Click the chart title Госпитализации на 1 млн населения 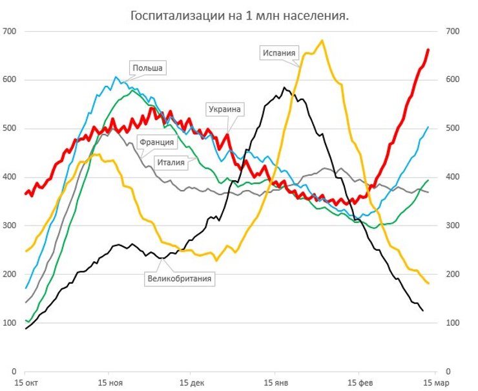[x=240, y=15]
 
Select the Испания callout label [x=280, y=53]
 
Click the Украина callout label [x=224, y=109]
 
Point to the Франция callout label [x=155, y=142]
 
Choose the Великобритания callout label [x=180, y=279]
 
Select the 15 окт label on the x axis [x=25, y=382]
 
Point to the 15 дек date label [x=192, y=382]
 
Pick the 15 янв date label [x=276, y=382]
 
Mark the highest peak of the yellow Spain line [x=322, y=41]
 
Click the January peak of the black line [x=284, y=87]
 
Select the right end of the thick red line [x=428, y=50]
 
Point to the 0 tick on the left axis [x=14, y=371]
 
